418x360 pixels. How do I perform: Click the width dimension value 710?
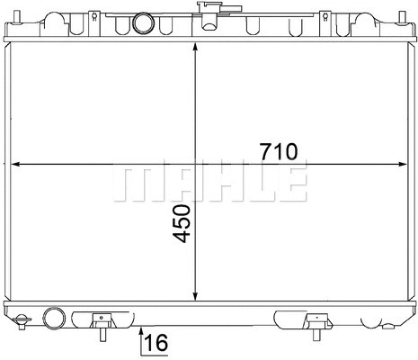[x=279, y=150]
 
